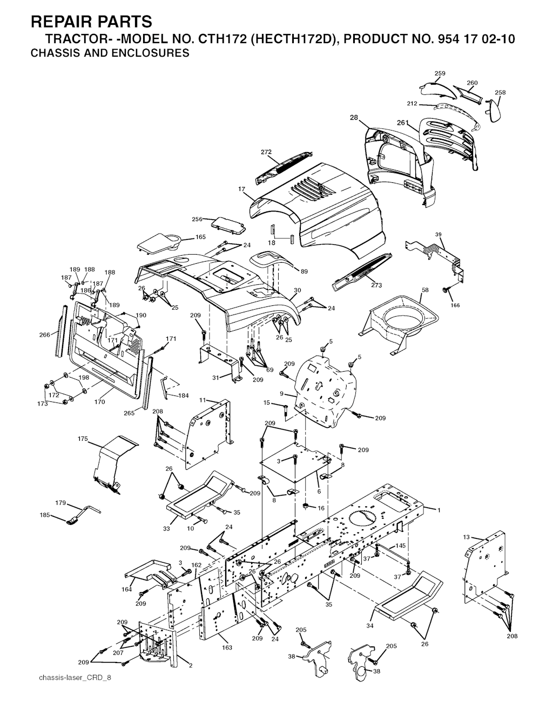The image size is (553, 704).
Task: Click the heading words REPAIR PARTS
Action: coord(91,22)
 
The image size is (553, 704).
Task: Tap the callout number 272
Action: coord(266,152)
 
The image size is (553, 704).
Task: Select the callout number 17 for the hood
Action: coord(241,189)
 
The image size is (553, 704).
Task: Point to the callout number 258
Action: coord(500,92)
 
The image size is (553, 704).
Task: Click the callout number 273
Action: coord(376,285)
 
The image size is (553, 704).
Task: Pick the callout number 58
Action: coord(425,290)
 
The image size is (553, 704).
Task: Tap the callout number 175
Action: coord(83,439)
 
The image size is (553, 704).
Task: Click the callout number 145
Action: coord(401,545)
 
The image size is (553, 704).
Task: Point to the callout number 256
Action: coord(197,219)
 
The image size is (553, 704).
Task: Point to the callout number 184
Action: coord(183,395)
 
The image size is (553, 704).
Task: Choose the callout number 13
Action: coord(466,537)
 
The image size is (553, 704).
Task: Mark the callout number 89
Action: coord(304,271)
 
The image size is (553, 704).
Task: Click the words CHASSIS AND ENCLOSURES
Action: coord(110,53)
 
